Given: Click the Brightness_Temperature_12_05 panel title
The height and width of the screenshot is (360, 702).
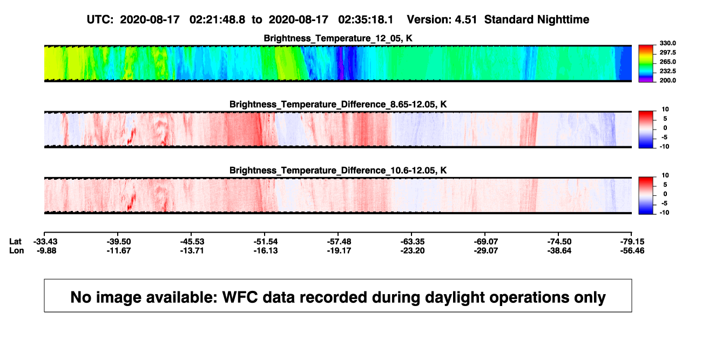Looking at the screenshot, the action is pos(338,38).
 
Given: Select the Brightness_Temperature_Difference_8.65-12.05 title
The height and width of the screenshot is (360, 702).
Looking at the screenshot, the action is pos(338,104).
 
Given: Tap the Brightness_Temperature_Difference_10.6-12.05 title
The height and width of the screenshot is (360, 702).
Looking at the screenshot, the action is pos(338,171).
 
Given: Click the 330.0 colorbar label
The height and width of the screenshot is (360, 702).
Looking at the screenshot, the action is pos(667,43).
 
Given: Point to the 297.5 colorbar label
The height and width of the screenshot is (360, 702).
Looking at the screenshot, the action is pos(667,52).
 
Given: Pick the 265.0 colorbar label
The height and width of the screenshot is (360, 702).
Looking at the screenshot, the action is pos(667,62).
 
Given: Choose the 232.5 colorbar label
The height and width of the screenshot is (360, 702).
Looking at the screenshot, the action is pos(667,71).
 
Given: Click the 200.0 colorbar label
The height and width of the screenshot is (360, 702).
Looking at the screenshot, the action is pos(667,80).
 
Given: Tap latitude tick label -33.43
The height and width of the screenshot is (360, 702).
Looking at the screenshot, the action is pos(45,242).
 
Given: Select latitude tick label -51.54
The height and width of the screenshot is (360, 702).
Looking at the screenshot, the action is pos(266,242).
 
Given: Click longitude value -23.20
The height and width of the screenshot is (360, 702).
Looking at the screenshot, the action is pos(413,250).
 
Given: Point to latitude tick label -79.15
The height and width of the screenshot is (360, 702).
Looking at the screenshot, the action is pos(632,242).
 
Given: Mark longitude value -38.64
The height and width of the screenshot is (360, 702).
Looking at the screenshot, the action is pos(559,250).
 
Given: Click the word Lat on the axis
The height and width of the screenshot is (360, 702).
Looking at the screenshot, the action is pos(15,242).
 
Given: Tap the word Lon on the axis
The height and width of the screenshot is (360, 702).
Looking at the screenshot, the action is pos(17,250).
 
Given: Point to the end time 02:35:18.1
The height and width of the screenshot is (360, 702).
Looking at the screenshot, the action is pos(366,19).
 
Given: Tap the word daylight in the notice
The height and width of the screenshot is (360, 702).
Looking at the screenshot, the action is pos(454,297).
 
